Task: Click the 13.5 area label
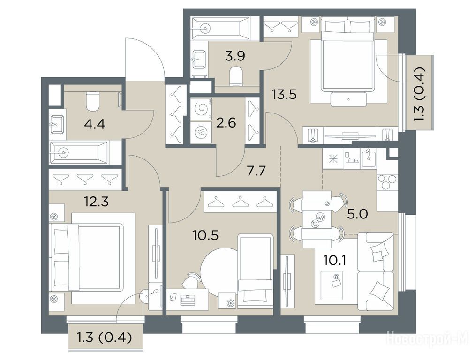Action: (284, 95)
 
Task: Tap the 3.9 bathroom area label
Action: (235, 56)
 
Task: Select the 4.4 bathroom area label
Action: (95, 124)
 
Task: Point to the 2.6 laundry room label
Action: (226, 123)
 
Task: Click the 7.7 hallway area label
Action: (256, 171)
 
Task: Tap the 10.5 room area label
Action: (205, 235)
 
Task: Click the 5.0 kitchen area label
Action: (358, 214)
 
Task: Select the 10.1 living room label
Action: (335, 260)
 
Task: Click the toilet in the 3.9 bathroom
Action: (236, 76)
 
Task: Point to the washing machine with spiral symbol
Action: (201, 109)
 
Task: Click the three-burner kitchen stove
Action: (386, 182)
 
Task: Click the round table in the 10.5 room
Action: (219, 270)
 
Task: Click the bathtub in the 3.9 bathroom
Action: (222, 29)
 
